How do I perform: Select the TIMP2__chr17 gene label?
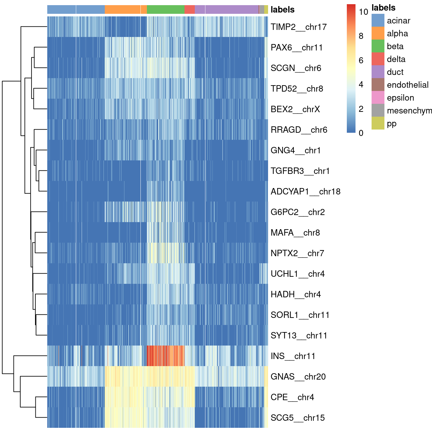pyautogui.click(x=299, y=27)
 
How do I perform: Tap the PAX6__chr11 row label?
pyautogui.click(x=296, y=48)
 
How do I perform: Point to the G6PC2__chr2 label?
pyautogui.click(x=298, y=212)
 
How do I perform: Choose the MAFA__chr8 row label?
pyautogui.click(x=295, y=233)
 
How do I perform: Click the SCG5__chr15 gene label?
pyautogui.click(x=298, y=418)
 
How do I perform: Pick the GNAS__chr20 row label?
pyautogui.click(x=298, y=377)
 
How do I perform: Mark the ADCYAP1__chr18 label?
pyautogui.click(x=305, y=192)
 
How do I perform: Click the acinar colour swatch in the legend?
pyautogui.click(x=378, y=21)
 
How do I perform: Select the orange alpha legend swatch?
pyautogui.click(x=378, y=33)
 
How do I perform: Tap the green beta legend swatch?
pyautogui.click(x=378, y=46)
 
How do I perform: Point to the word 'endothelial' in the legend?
pyautogui.click(x=408, y=85)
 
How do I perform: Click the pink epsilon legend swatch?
pyautogui.click(x=378, y=98)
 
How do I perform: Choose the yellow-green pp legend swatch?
pyautogui.click(x=378, y=123)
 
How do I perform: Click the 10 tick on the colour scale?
pyautogui.click(x=363, y=12)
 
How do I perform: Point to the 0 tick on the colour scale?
pyautogui.click(x=361, y=133)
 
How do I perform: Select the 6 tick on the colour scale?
pyautogui.click(x=361, y=60)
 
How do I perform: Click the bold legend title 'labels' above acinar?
pyautogui.click(x=383, y=8)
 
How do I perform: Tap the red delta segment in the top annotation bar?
pyautogui.click(x=189, y=9)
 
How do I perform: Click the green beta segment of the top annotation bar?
pyautogui.click(x=166, y=9)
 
